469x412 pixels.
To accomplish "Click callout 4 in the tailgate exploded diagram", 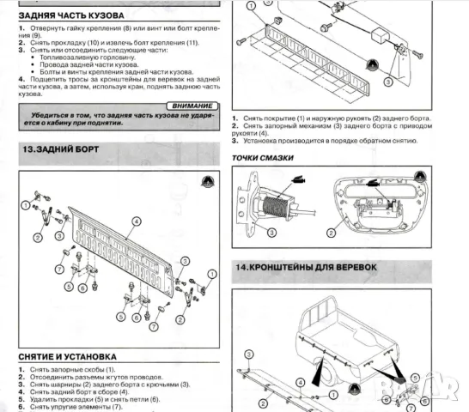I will [134, 221].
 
